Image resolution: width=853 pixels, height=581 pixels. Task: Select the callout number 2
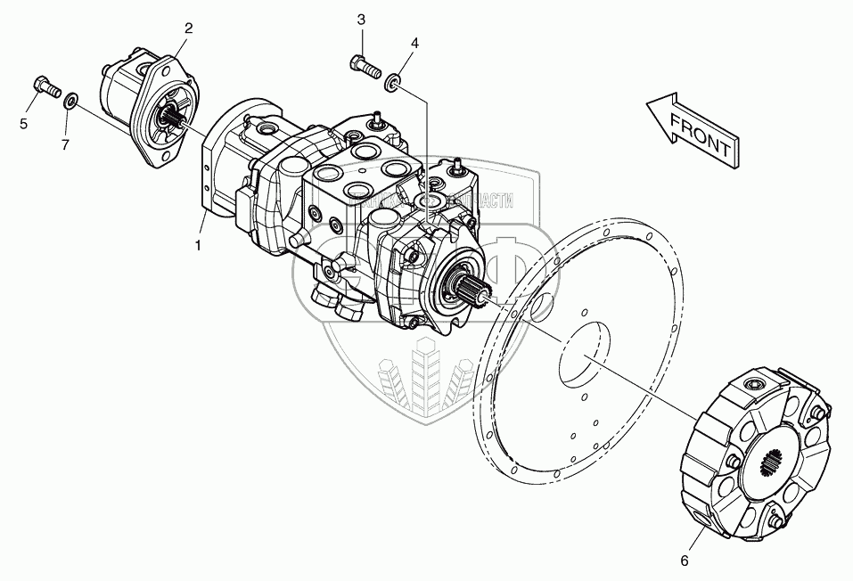188,29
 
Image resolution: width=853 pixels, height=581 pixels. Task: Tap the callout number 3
361,20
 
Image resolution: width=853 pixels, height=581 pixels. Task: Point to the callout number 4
414,43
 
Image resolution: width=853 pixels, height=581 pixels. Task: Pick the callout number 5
25,123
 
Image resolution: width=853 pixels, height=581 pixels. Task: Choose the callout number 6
684,561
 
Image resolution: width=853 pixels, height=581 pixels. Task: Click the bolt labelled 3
362,63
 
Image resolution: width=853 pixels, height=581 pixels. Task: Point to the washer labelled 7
70,96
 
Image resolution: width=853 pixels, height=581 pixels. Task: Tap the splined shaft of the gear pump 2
172,117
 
